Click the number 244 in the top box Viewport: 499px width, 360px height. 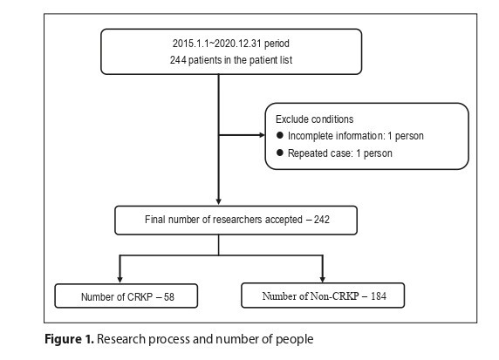tap(178, 60)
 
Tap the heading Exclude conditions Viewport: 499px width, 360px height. tap(314, 119)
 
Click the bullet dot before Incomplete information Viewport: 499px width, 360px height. tap(280, 135)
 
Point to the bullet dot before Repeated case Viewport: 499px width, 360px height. tap(280, 153)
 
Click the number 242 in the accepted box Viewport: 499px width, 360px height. tap(321, 220)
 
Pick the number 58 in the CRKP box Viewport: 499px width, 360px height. tap(169, 297)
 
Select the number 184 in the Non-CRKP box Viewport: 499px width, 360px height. tap(379, 296)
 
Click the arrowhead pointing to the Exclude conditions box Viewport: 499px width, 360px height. tap(262, 135)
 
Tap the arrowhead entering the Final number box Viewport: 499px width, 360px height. tap(219, 202)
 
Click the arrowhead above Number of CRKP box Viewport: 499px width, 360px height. tap(120, 280)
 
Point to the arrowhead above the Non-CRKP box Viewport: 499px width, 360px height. tap(323, 280)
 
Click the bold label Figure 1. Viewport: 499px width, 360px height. tap(69, 339)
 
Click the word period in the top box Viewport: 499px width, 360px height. tap(277, 44)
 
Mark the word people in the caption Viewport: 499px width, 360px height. tap(294, 340)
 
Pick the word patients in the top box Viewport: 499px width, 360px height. tap(201, 60)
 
